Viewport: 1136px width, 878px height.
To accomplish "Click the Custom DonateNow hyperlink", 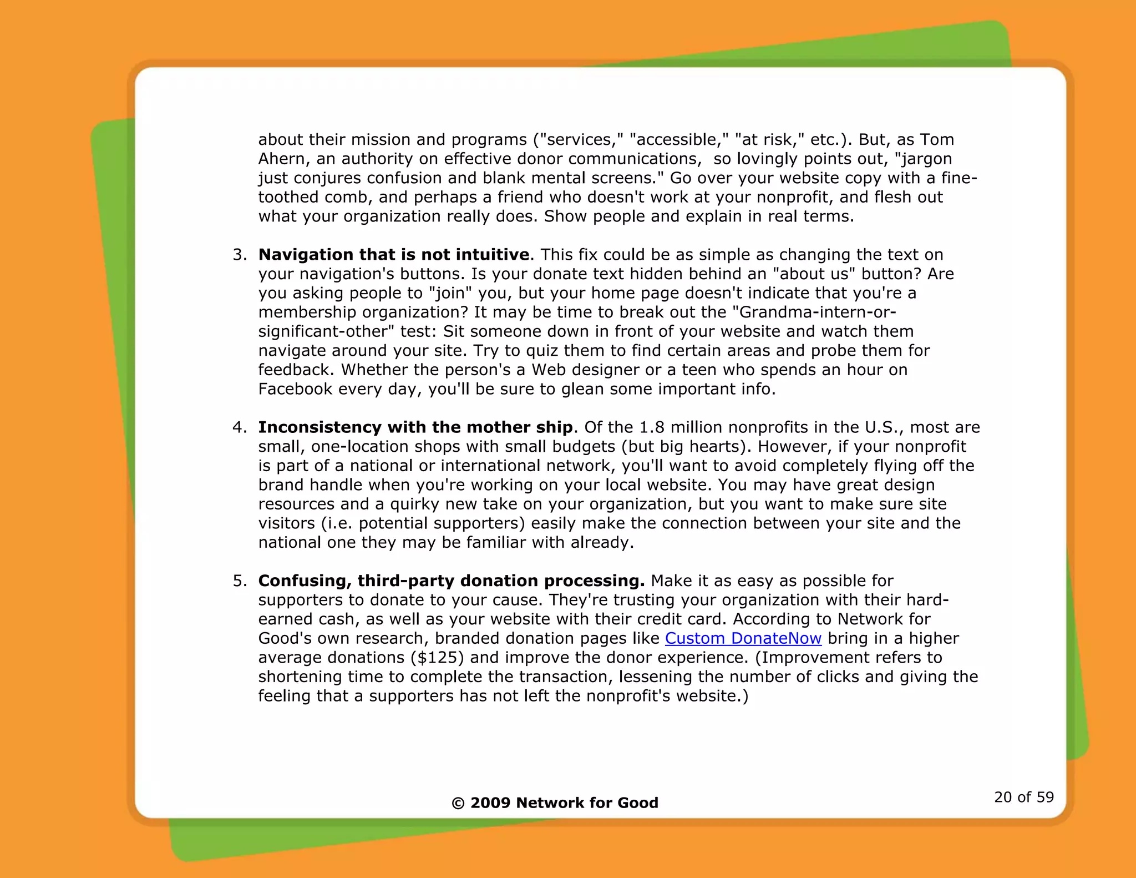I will point(743,638).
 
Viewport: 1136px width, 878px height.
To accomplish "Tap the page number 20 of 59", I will point(1023,797).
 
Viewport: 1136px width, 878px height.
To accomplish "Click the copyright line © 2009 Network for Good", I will point(555,803).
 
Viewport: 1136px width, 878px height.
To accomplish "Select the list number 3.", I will point(240,255).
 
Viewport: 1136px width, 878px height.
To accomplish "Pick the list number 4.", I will point(240,427).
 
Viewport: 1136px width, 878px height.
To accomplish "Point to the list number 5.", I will point(240,581).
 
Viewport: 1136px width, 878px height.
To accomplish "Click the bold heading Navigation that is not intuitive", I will point(394,255).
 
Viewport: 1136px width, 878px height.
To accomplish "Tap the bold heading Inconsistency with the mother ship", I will point(415,427).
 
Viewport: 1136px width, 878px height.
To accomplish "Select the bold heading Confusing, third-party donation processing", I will point(451,581).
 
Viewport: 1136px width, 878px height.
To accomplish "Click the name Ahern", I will point(281,159).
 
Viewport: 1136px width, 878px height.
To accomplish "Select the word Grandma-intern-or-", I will point(818,312).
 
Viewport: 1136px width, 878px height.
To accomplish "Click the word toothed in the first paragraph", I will point(288,198).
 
